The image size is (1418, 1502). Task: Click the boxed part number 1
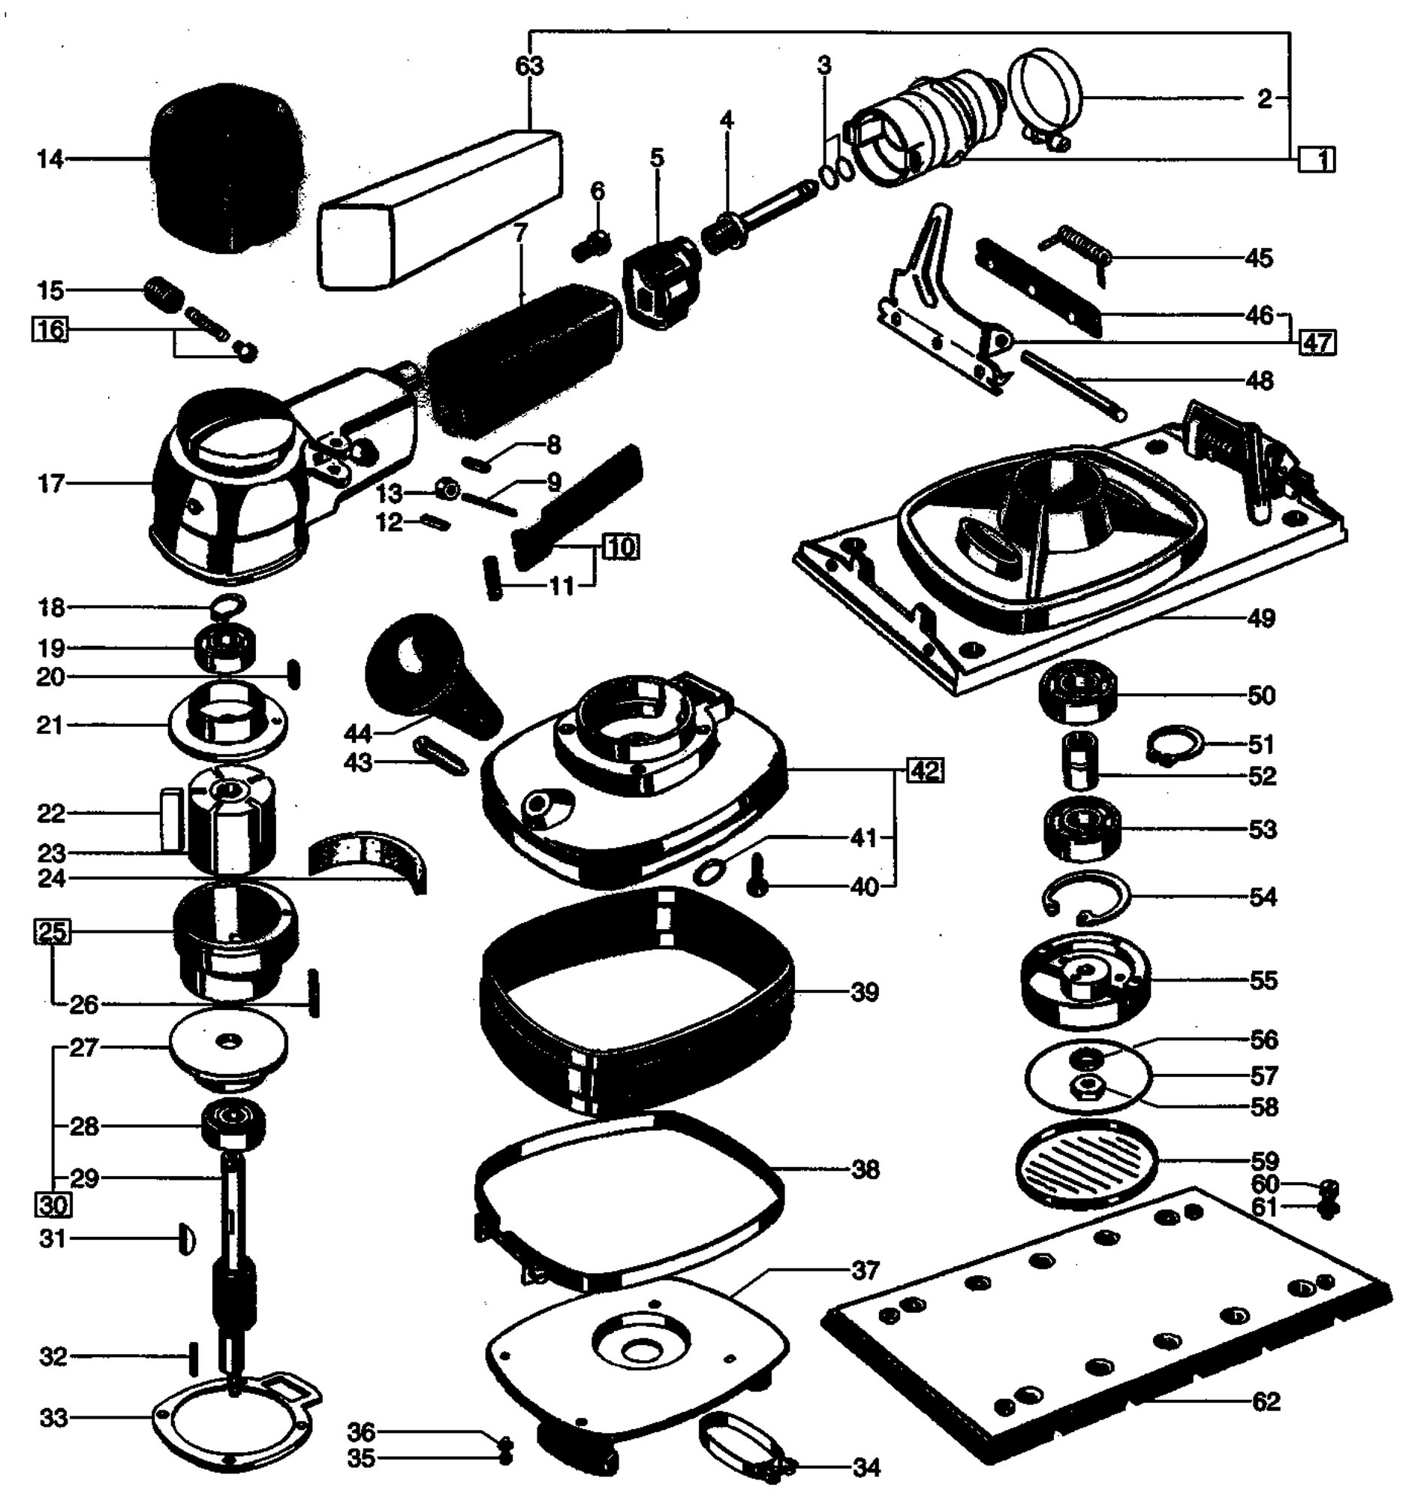(1317, 159)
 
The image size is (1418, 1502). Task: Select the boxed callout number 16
(49, 330)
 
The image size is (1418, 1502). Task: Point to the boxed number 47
(1317, 342)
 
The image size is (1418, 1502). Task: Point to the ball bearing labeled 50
(1077, 694)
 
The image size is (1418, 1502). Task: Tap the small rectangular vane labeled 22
(171, 819)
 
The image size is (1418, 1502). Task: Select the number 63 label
(529, 66)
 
